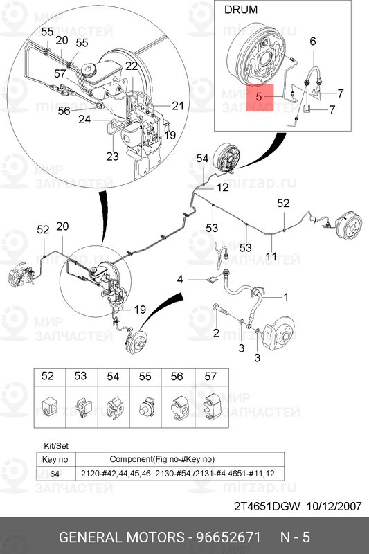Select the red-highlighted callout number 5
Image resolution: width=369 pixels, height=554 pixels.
coord(258,98)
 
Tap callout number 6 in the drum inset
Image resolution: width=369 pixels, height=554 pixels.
coord(312,42)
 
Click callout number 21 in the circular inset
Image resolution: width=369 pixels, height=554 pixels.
coord(178,105)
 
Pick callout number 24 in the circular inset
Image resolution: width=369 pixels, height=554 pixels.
coord(85,119)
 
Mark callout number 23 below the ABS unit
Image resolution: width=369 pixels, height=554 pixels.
coord(113,156)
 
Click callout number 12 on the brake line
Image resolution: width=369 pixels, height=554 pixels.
coord(222,188)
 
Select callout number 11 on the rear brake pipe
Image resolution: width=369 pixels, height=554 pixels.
coord(271,256)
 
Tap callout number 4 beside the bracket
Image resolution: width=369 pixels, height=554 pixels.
coord(180,280)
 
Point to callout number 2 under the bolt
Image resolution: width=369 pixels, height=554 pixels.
coord(216,334)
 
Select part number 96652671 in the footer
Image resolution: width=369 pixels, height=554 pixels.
coord(230,537)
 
